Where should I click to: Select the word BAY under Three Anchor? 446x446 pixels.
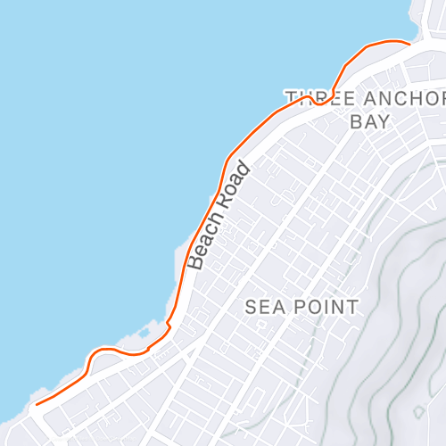pyautogui.click(x=370, y=121)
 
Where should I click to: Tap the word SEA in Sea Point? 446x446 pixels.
pyautogui.click(x=263, y=308)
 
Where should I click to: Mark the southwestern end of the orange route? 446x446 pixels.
pyautogui.click(x=37, y=404)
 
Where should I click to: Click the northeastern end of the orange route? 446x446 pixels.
pyautogui.click(x=409, y=43)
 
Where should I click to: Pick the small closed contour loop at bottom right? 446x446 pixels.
pyautogui.click(x=419, y=412)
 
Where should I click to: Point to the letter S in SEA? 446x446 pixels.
pyautogui.click(x=252, y=308)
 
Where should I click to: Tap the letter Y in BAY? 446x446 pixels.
pyautogui.click(x=384, y=121)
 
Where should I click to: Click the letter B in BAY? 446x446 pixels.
pyautogui.click(x=356, y=121)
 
